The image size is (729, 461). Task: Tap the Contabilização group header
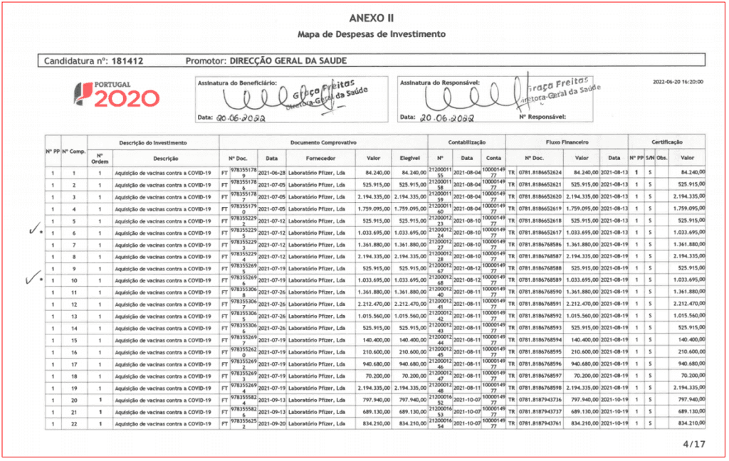(x=466, y=142)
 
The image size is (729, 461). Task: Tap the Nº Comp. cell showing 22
(x=73, y=424)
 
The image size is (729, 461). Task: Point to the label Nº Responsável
(x=542, y=116)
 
